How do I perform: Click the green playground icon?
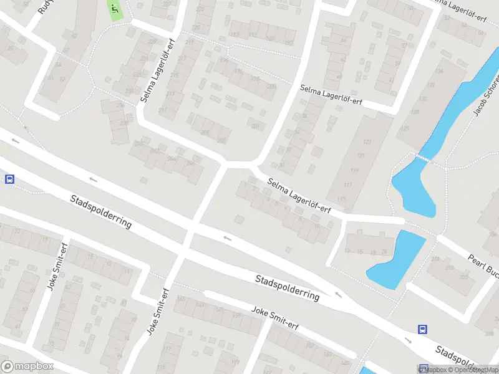click(x=115, y=9)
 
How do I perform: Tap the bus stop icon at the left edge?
click(x=9, y=180)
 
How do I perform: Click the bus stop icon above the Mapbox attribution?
click(x=423, y=330)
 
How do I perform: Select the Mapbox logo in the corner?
click(x=27, y=367)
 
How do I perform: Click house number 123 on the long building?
click(x=367, y=142)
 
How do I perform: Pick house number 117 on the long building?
click(x=347, y=185)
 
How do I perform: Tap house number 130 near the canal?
click(x=423, y=99)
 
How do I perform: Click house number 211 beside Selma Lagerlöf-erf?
click(x=162, y=110)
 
